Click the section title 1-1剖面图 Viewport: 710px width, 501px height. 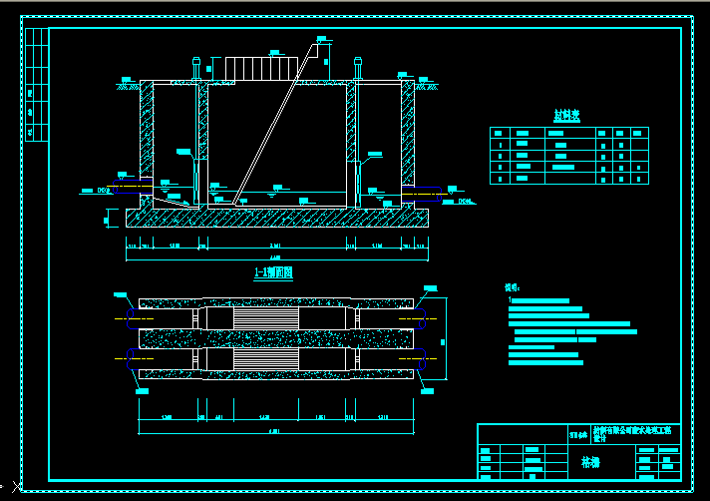[x=273, y=272]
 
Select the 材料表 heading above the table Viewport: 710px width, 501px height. [x=568, y=115]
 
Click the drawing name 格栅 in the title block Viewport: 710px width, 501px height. [x=590, y=462]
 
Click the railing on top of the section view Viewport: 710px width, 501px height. [x=261, y=67]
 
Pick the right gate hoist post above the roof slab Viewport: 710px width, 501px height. [x=357, y=70]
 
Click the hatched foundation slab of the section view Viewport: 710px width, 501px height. [x=275, y=218]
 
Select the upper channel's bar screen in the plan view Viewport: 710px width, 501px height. [x=265, y=316]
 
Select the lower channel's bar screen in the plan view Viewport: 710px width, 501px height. [x=265, y=359]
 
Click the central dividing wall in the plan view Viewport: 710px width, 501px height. [x=275, y=338]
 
